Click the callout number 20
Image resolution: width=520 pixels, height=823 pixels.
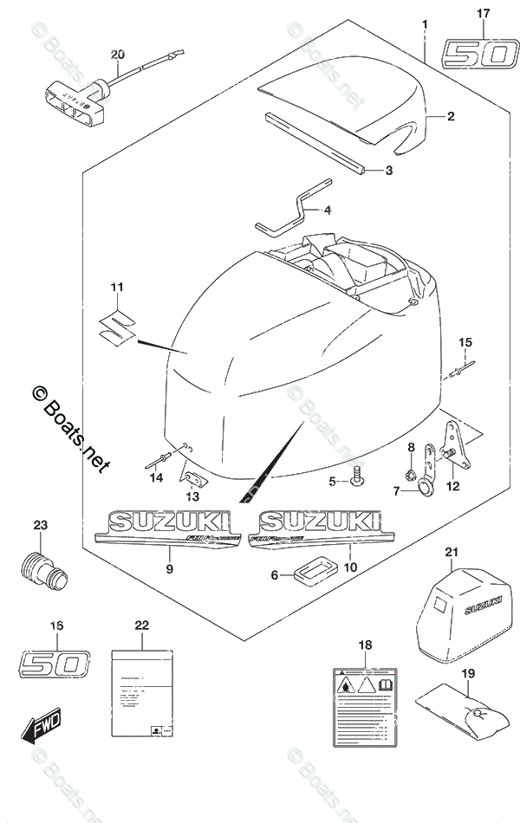pos(118,55)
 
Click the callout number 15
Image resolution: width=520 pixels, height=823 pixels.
pos(464,341)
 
